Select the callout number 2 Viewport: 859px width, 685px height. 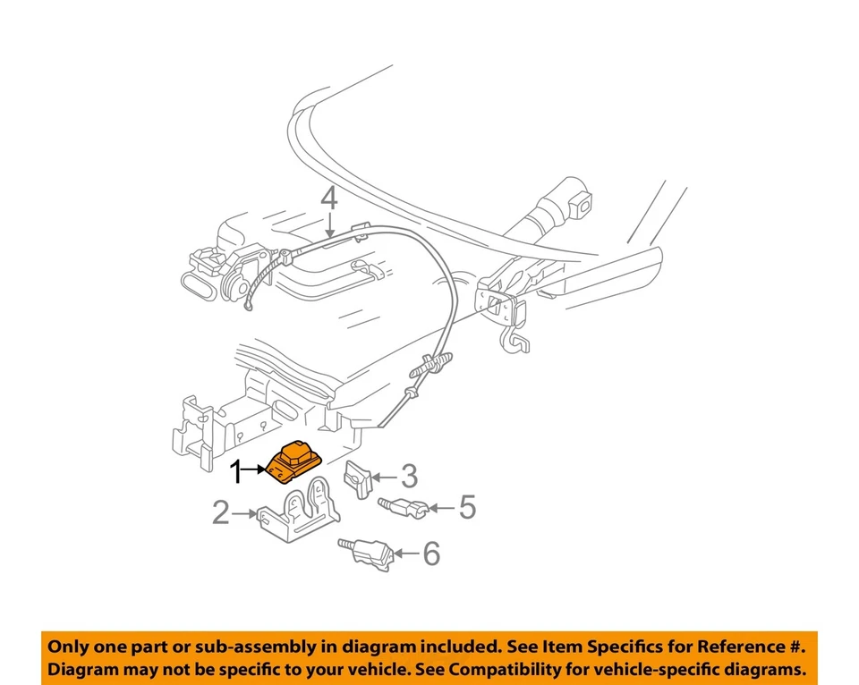click(221, 513)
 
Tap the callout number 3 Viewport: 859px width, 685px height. click(409, 476)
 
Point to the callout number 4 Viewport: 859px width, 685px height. click(330, 198)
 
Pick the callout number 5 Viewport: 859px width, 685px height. click(466, 508)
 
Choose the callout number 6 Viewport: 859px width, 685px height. click(431, 554)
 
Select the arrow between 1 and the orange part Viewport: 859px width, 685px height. click(258, 469)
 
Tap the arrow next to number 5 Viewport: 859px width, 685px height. click(442, 508)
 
